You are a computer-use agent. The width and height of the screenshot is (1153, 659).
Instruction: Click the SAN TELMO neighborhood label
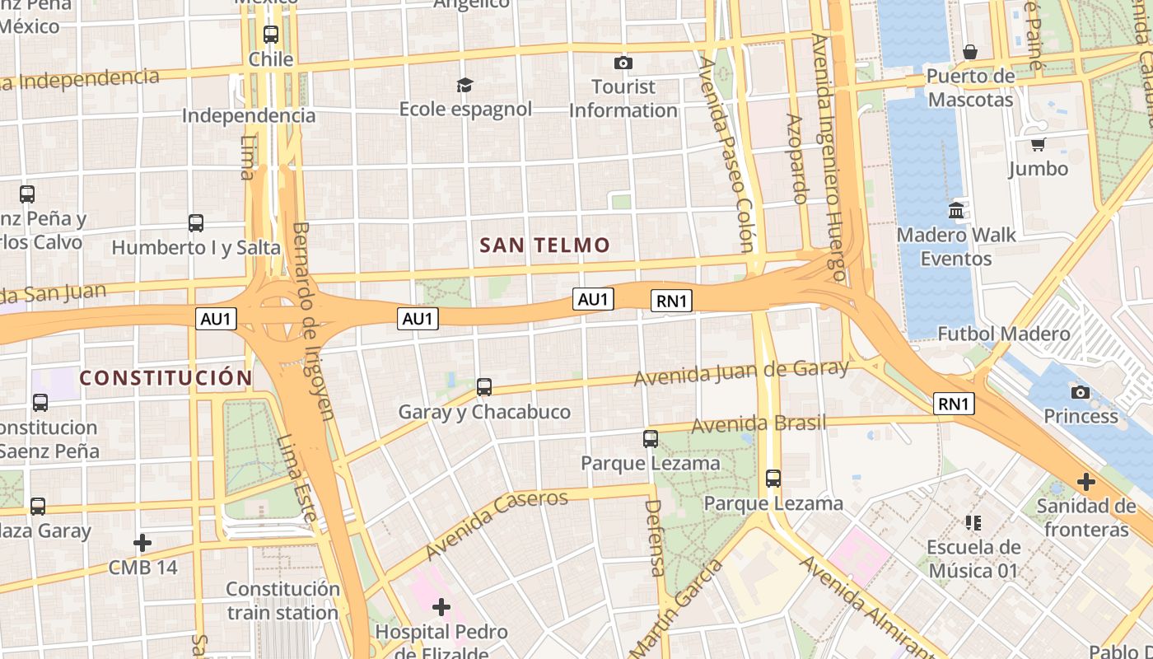(x=544, y=245)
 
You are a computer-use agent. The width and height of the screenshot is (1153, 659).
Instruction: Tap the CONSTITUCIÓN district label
(x=166, y=378)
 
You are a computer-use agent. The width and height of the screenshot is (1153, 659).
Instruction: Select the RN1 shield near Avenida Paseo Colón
(x=671, y=301)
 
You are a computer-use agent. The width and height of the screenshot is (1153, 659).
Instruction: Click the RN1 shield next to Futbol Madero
(x=954, y=404)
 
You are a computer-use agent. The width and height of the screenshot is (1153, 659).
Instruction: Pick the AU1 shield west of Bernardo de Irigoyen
(x=216, y=319)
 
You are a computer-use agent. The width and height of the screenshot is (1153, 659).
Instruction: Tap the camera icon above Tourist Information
(x=623, y=63)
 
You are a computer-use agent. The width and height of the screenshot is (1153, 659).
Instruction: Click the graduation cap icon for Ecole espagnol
(x=464, y=85)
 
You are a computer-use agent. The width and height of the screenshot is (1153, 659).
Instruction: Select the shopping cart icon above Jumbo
(x=1038, y=144)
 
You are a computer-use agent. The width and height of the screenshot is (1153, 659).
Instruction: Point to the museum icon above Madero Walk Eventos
(x=956, y=211)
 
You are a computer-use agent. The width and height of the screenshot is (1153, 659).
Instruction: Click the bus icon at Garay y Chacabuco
(x=484, y=387)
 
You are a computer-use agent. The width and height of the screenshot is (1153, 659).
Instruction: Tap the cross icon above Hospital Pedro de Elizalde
(x=441, y=608)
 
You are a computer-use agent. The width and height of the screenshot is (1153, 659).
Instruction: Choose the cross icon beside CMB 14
(x=142, y=543)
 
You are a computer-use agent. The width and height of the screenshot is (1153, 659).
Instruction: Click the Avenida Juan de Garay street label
(x=740, y=372)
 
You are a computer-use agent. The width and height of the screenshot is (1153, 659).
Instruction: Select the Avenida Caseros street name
(x=497, y=523)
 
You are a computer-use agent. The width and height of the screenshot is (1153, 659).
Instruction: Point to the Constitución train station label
(x=282, y=601)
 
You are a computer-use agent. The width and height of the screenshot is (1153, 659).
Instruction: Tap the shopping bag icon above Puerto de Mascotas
(x=970, y=52)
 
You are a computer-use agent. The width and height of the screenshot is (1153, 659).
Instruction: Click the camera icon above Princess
(x=1081, y=392)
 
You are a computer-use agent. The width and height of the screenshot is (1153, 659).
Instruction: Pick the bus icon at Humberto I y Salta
(x=195, y=223)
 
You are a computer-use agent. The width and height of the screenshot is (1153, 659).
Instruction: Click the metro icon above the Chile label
(x=271, y=35)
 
